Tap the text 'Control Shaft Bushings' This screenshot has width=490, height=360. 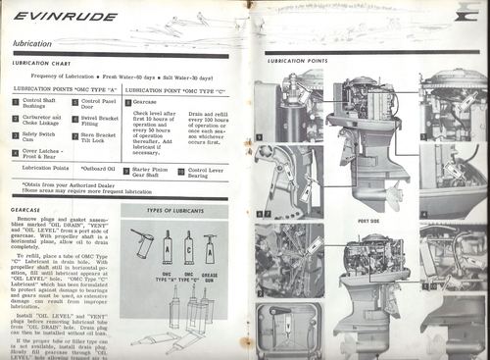(39, 102)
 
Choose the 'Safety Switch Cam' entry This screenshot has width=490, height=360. (40, 136)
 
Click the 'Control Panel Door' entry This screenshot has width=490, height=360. (98, 102)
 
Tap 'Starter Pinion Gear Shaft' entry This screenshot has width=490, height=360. (154, 173)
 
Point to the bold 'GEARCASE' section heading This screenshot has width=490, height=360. (26, 209)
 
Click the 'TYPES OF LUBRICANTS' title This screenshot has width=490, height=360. (174, 211)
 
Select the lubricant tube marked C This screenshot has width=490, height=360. (187, 249)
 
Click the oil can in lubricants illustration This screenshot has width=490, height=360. (143, 245)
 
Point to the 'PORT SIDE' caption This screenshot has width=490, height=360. (369, 221)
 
